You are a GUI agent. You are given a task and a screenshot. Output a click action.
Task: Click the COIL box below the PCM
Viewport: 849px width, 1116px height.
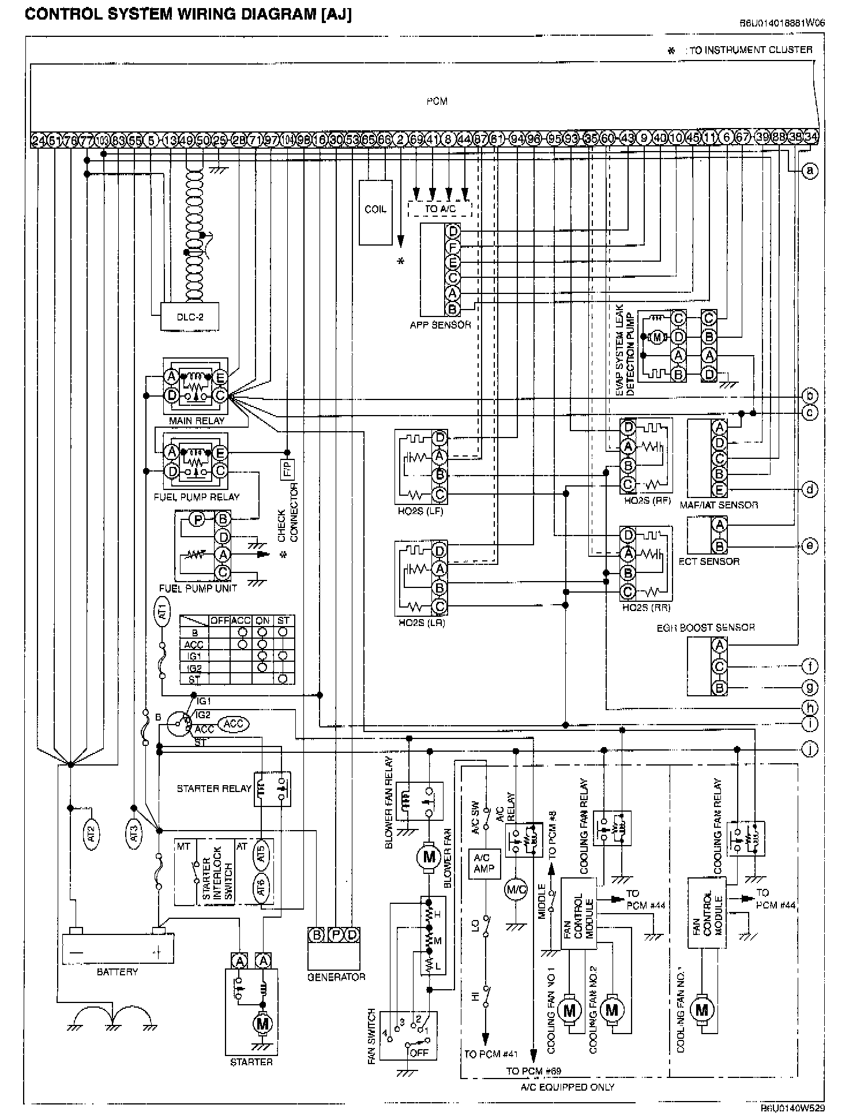click(x=375, y=212)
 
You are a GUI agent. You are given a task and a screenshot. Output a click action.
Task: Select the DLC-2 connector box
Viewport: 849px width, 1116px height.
click(x=190, y=316)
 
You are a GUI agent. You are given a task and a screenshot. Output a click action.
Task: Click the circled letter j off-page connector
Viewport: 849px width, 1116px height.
click(x=810, y=749)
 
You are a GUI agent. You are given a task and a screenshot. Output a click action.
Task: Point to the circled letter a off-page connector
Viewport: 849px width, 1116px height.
click(x=810, y=171)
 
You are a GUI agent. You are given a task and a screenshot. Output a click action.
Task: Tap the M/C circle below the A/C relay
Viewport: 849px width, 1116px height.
click(x=516, y=889)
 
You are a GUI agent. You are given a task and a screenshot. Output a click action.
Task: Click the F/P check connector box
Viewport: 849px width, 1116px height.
click(x=287, y=470)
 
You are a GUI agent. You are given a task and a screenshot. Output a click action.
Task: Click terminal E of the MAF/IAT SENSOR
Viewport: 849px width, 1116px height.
click(x=719, y=490)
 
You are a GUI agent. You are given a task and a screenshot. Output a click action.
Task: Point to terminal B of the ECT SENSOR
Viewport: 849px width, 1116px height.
click(x=719, y=545)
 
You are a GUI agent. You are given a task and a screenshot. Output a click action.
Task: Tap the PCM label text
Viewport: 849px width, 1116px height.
click(x=437, y=101)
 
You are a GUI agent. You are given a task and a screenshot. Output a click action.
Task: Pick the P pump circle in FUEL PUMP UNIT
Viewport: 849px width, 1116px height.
click(x=198, y=520)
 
